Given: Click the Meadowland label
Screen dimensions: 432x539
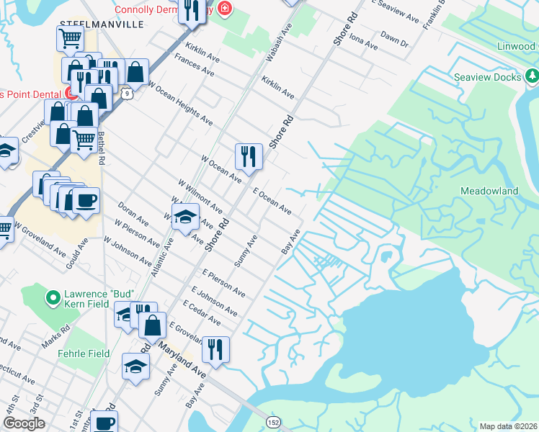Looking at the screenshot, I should tap(489, 192).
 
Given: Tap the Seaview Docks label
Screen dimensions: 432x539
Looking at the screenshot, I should tap(486, 77).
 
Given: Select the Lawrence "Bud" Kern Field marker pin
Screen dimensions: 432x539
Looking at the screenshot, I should tap(53, 297).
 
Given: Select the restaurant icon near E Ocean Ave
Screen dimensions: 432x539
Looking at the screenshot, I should tap(247, 156).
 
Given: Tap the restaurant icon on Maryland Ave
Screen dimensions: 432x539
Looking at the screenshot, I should tap(215, 349).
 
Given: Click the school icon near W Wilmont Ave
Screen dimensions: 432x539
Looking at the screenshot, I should tap(184, 216).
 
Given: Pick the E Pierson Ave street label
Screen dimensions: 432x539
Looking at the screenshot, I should tap(224, 284).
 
